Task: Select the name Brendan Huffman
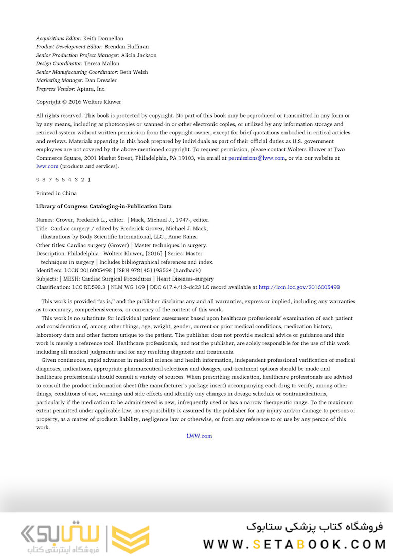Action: tap(127, 47)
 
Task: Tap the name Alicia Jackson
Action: tap(139, 55)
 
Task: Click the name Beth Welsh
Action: tap(134, 72)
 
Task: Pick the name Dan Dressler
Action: tap(101, 80)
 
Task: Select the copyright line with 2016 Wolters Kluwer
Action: tap(78, 102)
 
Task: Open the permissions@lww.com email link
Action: tap(257, 158)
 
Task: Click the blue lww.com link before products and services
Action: tap(47, 166)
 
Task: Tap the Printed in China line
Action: tap(56, 193)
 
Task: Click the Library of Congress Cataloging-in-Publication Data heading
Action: tap(103, 206)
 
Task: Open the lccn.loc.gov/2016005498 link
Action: tap(299, 287)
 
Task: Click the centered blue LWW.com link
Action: tap(199, 436)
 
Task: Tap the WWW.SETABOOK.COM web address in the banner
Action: tap(294, 544)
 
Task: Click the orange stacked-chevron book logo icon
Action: tap(131, 539)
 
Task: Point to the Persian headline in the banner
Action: tap(314, 526)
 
